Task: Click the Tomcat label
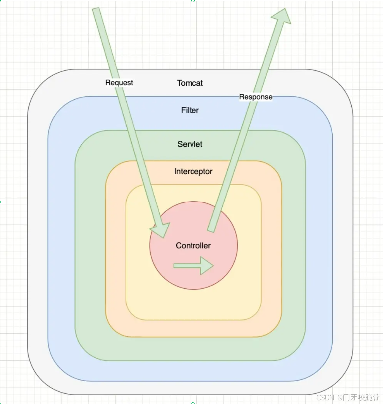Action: pos(190,83)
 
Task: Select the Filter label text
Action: pos(190,110)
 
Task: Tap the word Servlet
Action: pos(190,144)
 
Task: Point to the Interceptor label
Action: pos(193,171)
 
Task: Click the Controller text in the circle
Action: pos(193,245)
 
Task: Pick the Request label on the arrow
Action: pos(119,82)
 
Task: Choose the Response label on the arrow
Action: pos(256,97)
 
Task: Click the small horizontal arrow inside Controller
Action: pos(193,266)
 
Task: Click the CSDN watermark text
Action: pos(325,397)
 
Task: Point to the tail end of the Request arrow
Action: pos(96,10)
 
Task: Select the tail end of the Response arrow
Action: pos(211,229)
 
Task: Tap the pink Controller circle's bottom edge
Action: pos(193,289)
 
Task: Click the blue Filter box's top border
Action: pos(190,96)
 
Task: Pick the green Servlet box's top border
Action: pos(190,130)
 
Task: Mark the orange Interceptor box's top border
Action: pos(193,161)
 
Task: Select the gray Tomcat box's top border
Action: pos(190,69)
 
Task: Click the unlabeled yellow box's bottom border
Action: pos(193,319)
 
